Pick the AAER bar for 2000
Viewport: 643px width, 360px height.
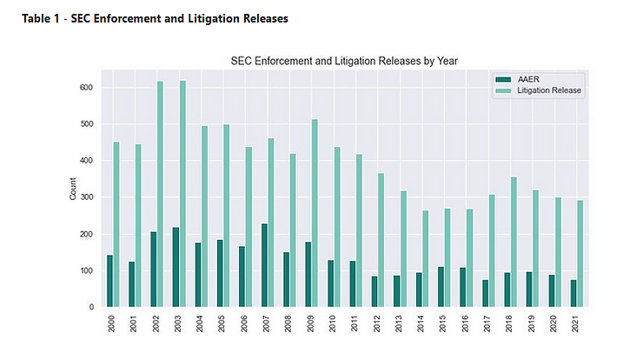point(109,281)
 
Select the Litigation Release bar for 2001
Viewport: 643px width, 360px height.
point(138,225)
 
